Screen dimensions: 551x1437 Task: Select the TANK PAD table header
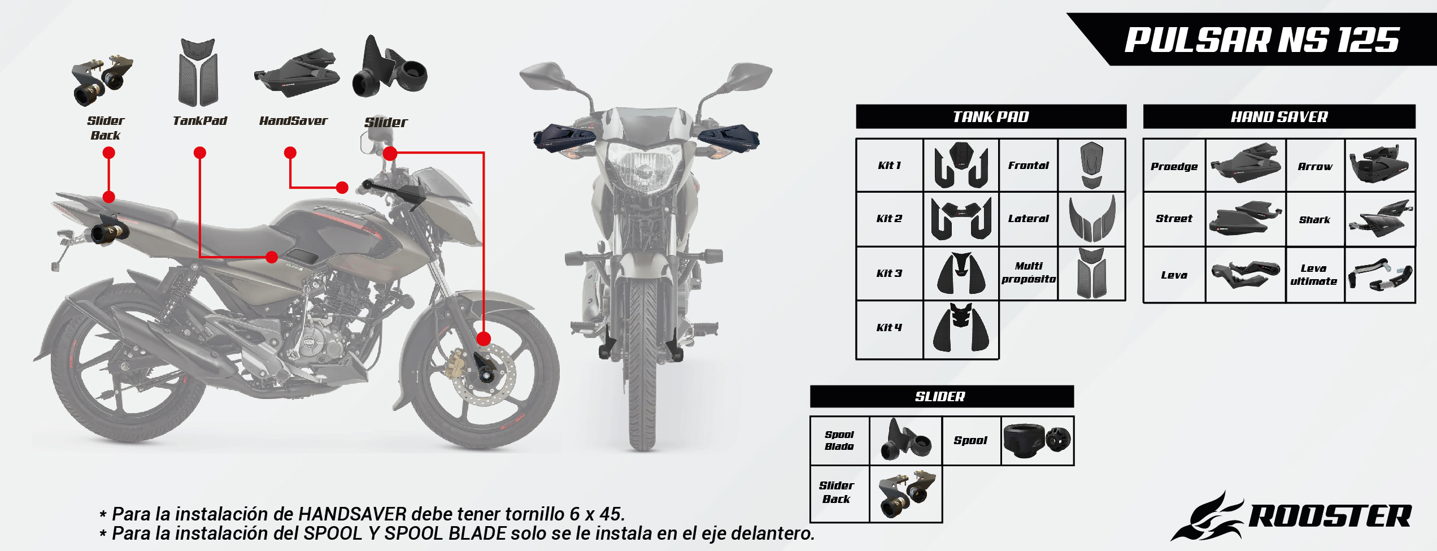tap(990, 117)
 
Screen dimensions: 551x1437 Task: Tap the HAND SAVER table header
tap(1279, 117)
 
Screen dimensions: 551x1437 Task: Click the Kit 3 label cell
tap(889, 274)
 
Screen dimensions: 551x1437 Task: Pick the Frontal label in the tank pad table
tap(1028, 166)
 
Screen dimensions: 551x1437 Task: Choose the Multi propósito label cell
tap(1028, 272)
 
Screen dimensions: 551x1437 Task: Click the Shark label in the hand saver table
tap(1314, 220)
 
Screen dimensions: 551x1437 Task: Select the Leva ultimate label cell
tap(1314, 275)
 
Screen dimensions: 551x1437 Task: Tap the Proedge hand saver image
tap(1246, 164)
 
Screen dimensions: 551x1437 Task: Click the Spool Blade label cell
tap(839, 440)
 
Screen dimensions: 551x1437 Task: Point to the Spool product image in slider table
tap(1037, 440)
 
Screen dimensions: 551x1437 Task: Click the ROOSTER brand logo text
tap(1329, 516)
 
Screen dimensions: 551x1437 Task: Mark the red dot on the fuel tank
tap(272, 257)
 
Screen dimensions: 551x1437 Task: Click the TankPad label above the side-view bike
tap(199, 120)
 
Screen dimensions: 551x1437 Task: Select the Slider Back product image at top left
tap(102, 79)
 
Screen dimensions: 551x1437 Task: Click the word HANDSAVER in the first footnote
tap(352, 514)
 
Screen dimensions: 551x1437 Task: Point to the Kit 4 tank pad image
tap(961, 328)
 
